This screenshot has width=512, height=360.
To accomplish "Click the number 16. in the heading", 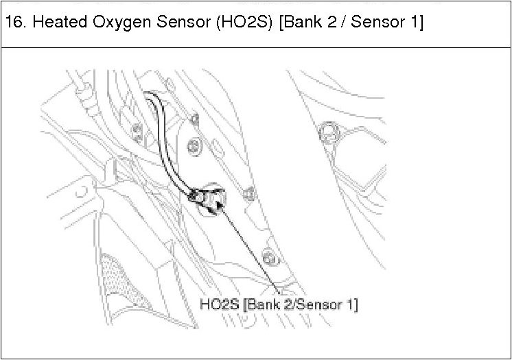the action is point(16,23).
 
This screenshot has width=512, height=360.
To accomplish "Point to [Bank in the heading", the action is point(303,23).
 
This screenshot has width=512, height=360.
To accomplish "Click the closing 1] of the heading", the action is point(415,23).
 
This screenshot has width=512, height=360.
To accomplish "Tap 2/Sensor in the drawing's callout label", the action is point(309,302).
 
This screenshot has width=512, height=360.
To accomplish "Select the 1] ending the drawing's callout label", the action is point(352,302).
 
